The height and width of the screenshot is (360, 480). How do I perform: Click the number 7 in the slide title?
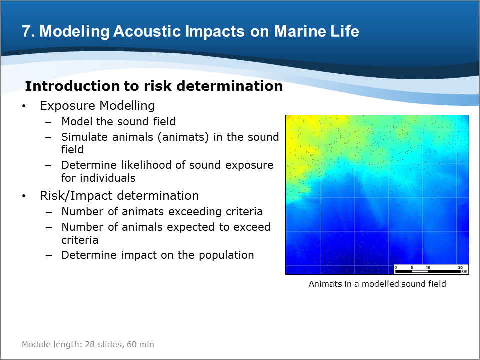click(26, 31)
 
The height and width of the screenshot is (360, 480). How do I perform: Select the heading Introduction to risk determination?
click(154, 86)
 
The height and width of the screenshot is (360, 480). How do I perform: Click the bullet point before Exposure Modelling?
click(24, 106)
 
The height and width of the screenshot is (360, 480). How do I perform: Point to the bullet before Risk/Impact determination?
click(24, 196)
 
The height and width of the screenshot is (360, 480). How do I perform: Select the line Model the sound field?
click(118, 121)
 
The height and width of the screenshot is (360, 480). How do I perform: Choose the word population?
click(226, 255)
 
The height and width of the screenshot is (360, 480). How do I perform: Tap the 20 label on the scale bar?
click(460, 267)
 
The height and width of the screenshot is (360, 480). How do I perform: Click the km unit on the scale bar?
click(464, 271)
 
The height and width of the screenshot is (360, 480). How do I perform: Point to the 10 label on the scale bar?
click(428, 267)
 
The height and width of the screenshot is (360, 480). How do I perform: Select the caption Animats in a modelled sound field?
click(377, 284)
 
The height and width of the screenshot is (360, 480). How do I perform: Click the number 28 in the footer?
click(89, 344)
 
